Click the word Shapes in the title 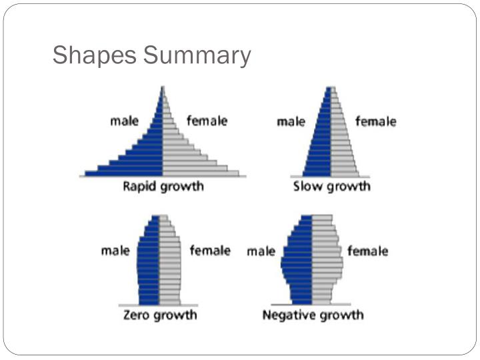coord(93,55)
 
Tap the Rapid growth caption coord(163,186)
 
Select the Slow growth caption coord(331,186)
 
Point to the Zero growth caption coord(159,314)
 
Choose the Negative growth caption coord(313,314)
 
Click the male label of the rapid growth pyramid coord(124,121)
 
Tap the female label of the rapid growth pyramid coord(207,121)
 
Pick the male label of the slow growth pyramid coord(291,122)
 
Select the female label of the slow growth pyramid coord(375,121)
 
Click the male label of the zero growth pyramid coord(115,251)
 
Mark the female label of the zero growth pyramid coord(210,251)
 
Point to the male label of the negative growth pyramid coord(261,251)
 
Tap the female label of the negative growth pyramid coord(367,251)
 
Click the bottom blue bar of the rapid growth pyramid coord(124,173)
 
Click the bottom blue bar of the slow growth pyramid coord(317,173)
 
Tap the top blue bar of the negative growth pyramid coord(307,218)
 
